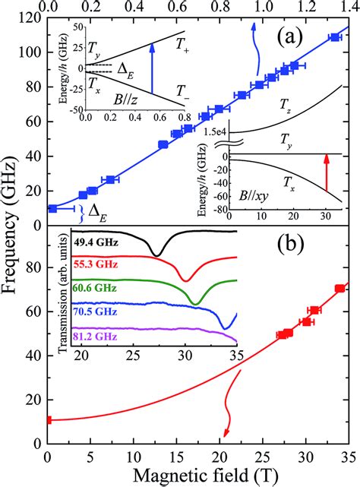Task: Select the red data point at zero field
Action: [x=48, y=420]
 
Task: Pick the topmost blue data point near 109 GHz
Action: [x=335, y=37]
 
